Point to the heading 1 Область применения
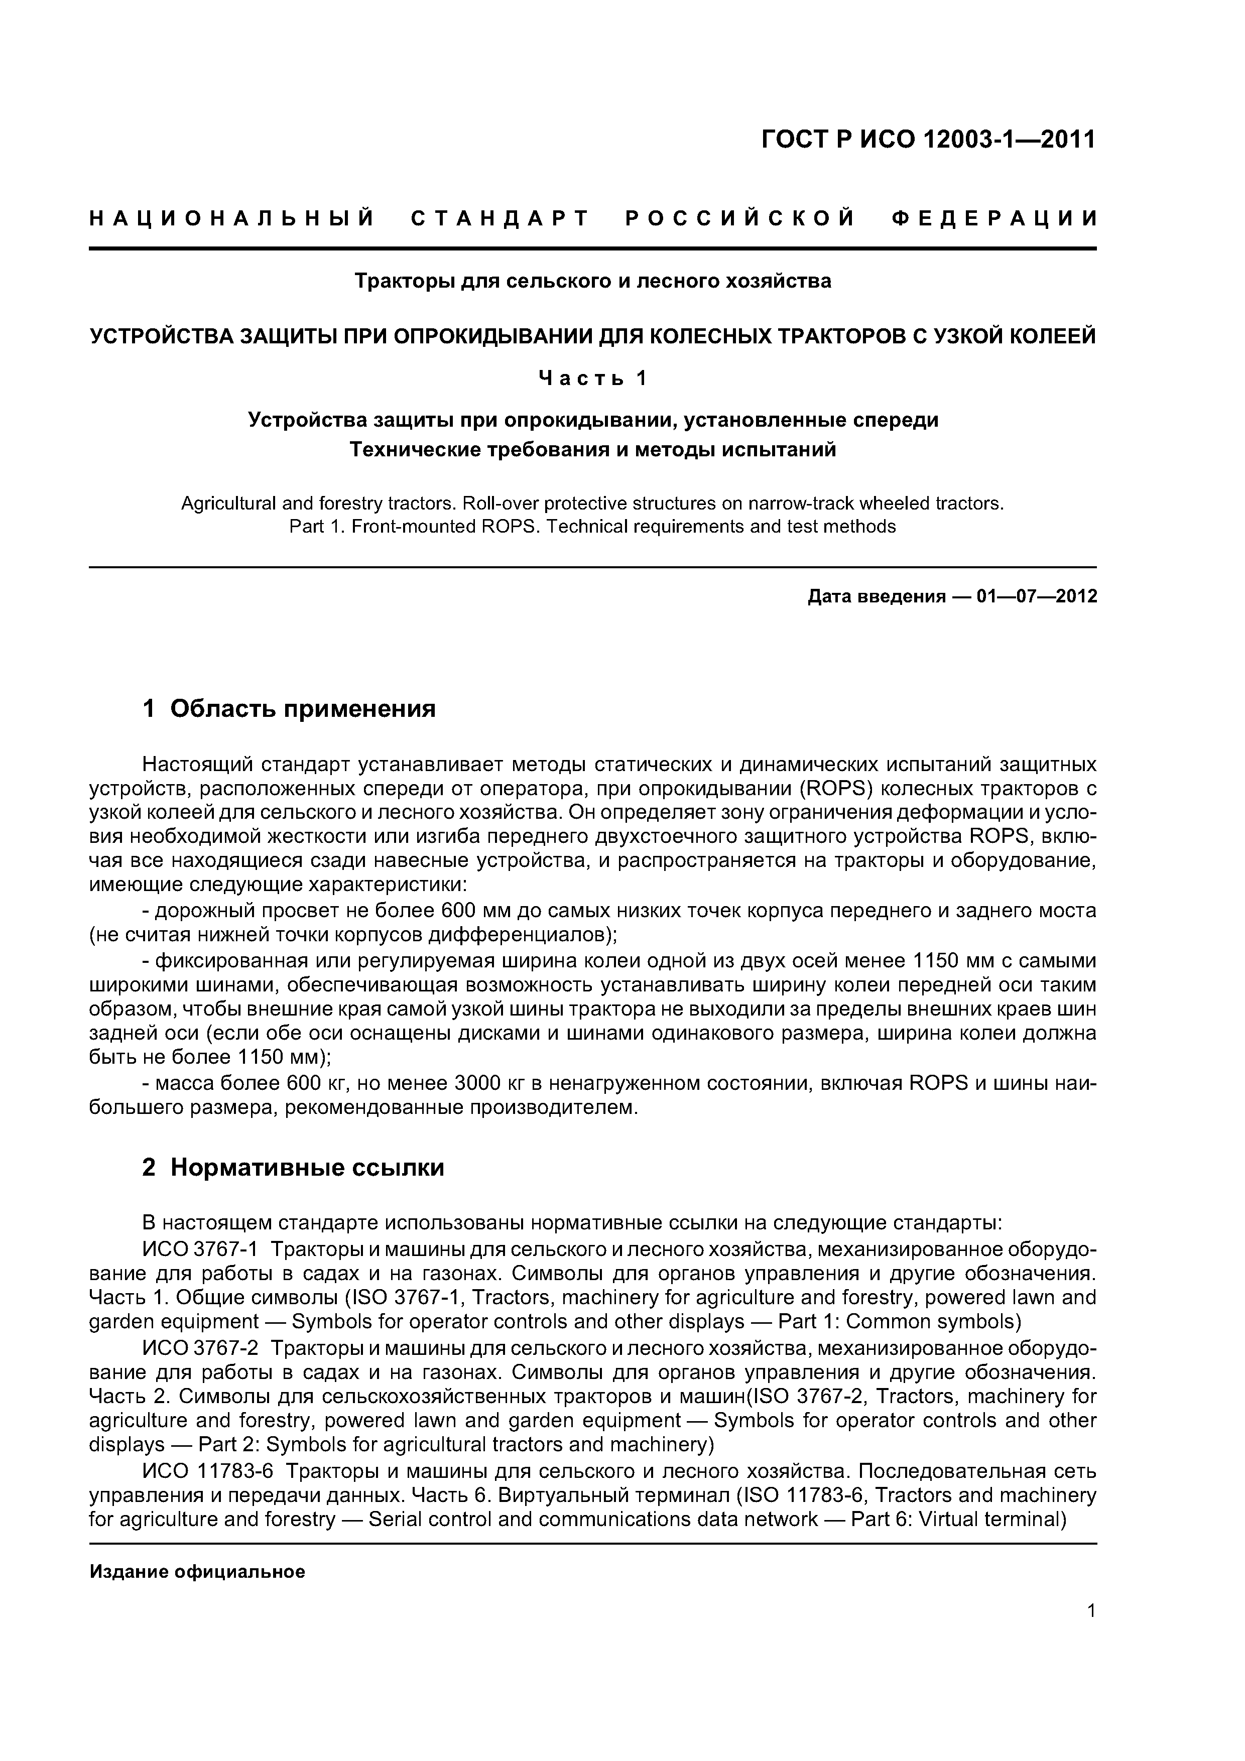(289, 709)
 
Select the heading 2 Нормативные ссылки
(293, 1167)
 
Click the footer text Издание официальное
(197, 1572)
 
